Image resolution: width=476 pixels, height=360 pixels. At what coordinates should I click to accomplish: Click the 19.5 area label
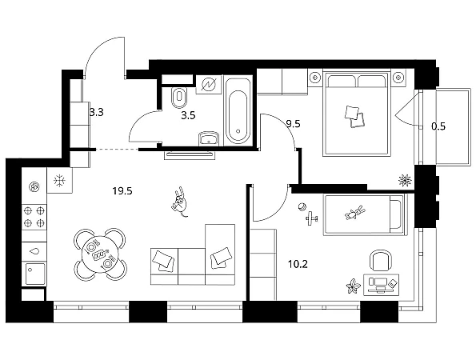click(x=122, y=191)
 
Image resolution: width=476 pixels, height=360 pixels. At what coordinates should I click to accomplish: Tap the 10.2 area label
click(x=298, y=264)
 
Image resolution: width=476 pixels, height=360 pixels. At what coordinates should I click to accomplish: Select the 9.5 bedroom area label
click(x=294, y=124)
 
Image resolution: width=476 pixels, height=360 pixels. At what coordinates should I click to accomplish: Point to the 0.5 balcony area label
click(x=438, y=126)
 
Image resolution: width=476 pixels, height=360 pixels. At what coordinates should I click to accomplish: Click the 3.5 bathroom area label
click(x=188, y=115)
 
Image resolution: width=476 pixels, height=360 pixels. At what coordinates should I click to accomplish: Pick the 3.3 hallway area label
click(x=97, y=112)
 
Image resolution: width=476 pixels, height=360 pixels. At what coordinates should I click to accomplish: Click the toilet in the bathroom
click(x=178, y=98)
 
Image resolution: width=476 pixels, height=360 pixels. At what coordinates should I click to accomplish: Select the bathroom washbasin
click(x=209, y=138)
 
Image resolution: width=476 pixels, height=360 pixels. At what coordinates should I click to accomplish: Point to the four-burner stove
click(x=34, y=217)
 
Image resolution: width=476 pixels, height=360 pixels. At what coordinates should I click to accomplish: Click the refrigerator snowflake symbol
click(x=59, y=181)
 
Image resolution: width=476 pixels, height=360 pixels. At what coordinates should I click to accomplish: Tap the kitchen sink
click(x=35, y=274)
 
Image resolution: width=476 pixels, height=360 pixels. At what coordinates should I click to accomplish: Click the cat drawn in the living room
click(x=180, y=202)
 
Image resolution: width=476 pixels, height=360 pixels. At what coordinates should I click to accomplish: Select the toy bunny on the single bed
click(x=355, y=213)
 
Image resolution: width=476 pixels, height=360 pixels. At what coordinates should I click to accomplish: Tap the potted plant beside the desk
click(x=353, y=286)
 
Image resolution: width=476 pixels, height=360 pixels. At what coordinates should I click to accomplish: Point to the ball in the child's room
click(x=302, y=207)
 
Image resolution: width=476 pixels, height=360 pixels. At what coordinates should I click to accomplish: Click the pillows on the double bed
click(x=354, y=116)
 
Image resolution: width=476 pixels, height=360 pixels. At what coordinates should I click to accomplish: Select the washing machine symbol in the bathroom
click(x=208, y=84)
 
